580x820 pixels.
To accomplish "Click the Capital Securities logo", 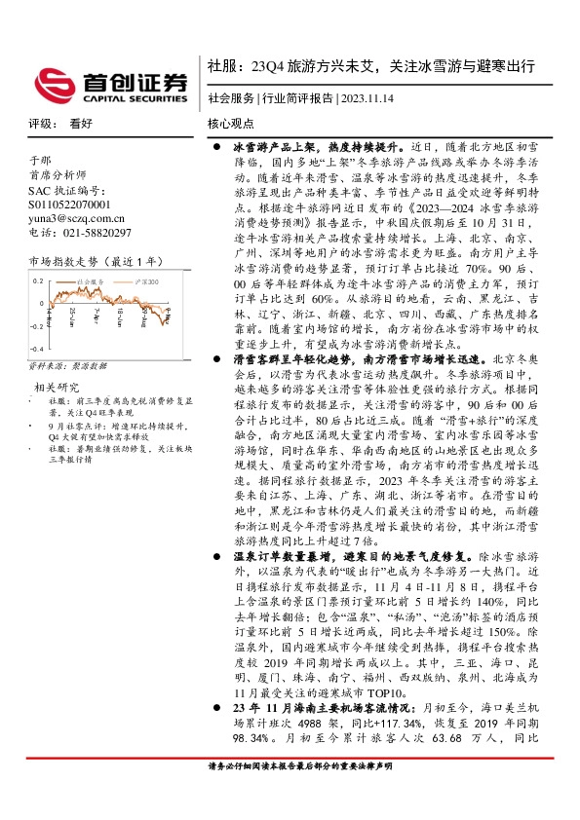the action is (x=107, y=84).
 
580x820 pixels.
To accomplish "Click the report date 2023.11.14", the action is (x=370, y=99).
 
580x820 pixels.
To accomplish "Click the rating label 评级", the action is (x=39, y=125).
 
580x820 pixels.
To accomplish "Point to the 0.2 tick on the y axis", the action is (x=38, y=280).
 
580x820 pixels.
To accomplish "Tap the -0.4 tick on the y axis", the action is (x=36, y=348).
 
